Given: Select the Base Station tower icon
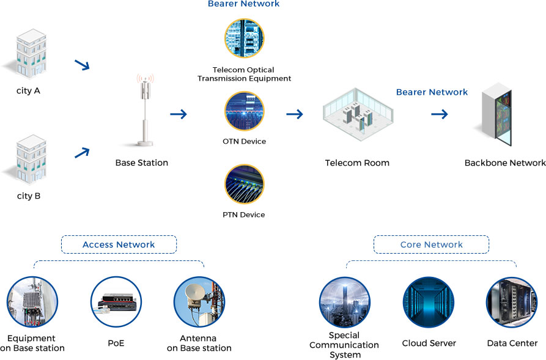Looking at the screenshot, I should (x=145, y=110).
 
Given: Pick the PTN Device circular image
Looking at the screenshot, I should (x=244, y=185).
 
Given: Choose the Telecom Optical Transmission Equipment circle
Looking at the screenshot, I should (x=244, y=39).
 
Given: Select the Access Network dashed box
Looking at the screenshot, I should (x=119, y=244).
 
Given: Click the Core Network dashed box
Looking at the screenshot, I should (x=431, y=244).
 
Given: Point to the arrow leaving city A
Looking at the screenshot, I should (x=81, y=65).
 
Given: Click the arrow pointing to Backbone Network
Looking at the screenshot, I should (x=440, y=114).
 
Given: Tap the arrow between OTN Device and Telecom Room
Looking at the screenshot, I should (x=295, y=114).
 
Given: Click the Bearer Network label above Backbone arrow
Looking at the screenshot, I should (x=432, y=92).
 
